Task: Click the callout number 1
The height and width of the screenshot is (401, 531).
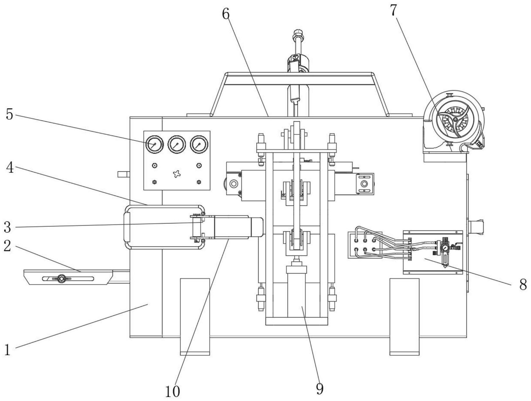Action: [x=7, y=349]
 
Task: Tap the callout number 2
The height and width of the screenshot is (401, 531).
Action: [x=7, y=246]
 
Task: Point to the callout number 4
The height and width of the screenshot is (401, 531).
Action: [x=10, y=168]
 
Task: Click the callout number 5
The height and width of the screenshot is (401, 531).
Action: [x=10, y=115]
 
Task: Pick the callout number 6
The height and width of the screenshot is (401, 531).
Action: [x=226, y=14]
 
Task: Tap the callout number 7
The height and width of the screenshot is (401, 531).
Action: [x=393, y=11]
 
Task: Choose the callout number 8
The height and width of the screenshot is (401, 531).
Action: [x=523, y=284]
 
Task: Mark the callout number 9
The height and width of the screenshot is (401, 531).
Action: [x=320, y=388]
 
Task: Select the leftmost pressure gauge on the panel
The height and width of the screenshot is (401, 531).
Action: [x=154, y=144]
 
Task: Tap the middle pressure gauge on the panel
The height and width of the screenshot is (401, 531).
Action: [x=177, y=144]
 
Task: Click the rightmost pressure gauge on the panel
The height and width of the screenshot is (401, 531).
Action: [x=199, y=144]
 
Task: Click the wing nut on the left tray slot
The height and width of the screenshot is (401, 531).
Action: [x=61, y=278]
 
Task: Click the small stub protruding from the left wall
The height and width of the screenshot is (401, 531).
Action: [x=123, y=174]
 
